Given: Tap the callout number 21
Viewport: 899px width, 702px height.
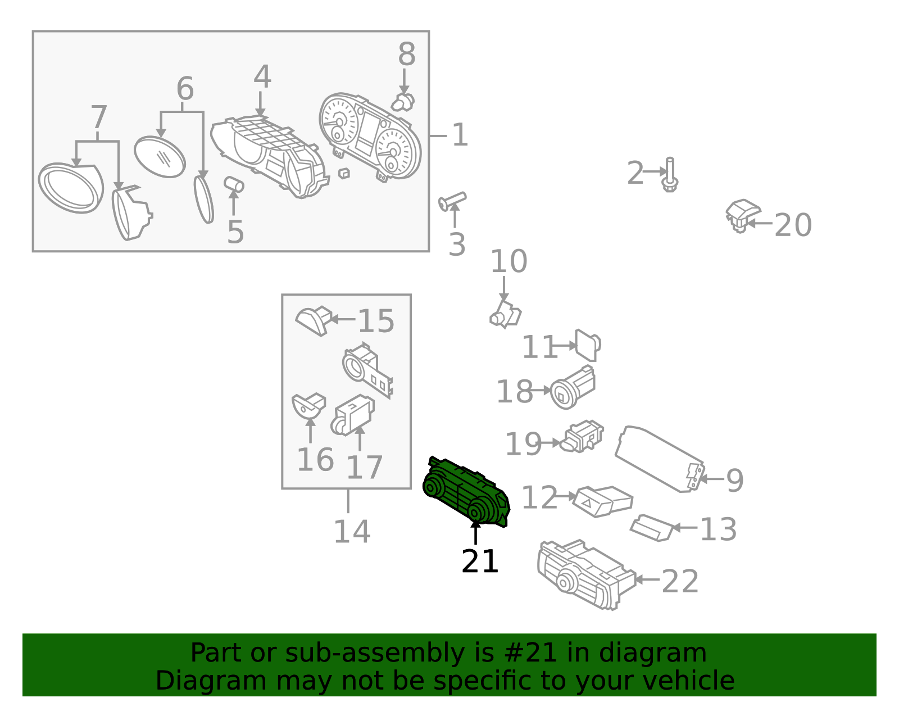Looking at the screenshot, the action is tap(480, 561).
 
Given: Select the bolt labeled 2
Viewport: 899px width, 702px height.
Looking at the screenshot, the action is tap(670, 175).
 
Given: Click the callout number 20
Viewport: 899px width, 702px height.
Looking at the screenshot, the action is tap(793, 225).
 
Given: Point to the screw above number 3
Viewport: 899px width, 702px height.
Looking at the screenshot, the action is tap(452, 201).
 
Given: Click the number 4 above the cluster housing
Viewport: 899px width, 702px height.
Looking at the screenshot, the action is tap(262, 76).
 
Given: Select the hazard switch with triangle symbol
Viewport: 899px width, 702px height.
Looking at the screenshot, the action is tap(602, 501).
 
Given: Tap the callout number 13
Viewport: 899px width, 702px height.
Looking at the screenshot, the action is tap(718, 529).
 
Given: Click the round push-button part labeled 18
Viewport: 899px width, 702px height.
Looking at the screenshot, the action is tap(572, 387).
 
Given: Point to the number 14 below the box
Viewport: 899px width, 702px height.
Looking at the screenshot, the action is tap(352, 532).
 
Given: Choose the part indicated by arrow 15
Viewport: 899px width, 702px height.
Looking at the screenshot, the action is tap(314, 320).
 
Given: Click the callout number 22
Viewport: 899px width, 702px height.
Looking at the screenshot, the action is tap(680, 581).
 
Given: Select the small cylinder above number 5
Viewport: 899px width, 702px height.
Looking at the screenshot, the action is tap(234, 184).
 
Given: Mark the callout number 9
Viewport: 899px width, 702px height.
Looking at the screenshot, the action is tap(735, 481).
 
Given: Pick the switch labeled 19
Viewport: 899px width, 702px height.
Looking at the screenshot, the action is tap(582, 437).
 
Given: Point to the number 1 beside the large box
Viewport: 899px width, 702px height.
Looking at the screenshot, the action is tap(460, 135).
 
